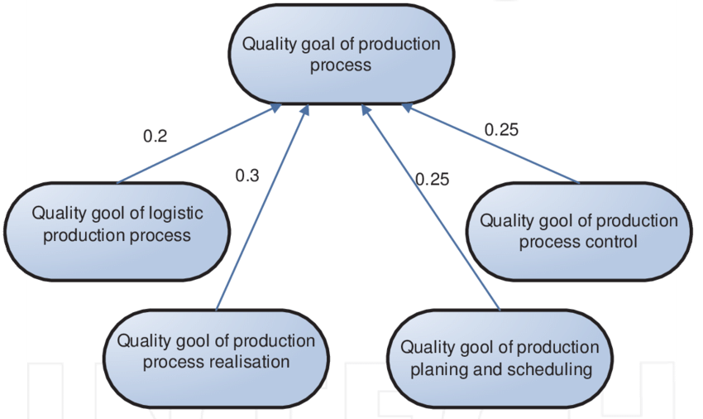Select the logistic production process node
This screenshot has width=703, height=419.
pos(117,224)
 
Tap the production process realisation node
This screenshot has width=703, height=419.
pos(216,351)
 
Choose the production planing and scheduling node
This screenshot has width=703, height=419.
pos(500,358)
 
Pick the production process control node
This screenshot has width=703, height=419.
pos(578,231)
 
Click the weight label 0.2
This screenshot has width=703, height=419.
pos(155,137)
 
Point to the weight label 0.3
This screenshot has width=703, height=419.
pos(247,176)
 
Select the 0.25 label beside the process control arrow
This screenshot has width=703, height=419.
pos(501,129)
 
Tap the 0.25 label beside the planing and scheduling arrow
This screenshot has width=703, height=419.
pos(432,179)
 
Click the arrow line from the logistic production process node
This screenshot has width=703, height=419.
pos(198,145)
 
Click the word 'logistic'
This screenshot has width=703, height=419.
pos(176,213)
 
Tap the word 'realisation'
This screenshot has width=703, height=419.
pos(251,362)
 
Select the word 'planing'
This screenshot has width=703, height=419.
pos(438,368)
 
